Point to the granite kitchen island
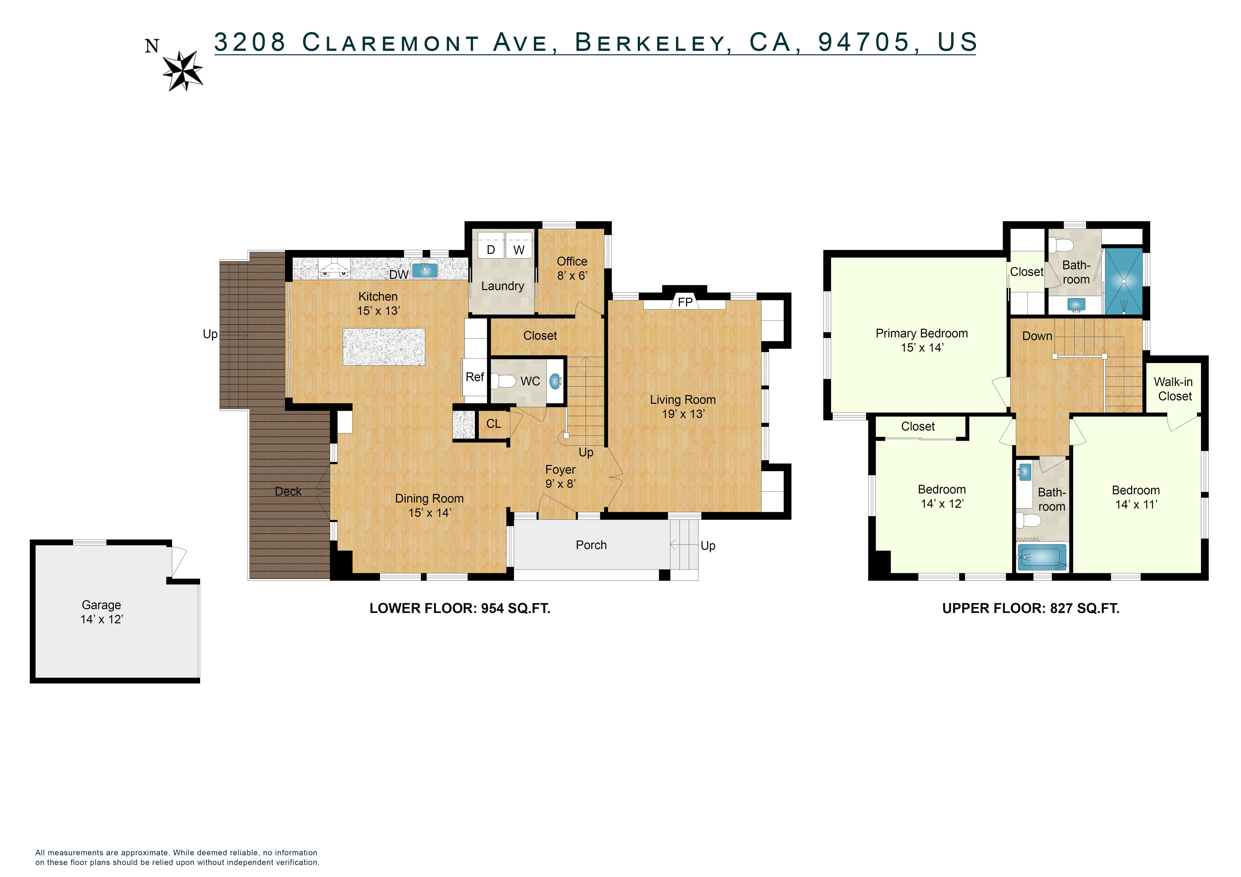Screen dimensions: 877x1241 pos(384,346)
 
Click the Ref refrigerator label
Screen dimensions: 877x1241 pos(474,377)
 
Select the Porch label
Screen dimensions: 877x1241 pos(591,545)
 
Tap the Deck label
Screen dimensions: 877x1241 pos(288,491)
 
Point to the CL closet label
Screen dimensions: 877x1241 pos(494,424)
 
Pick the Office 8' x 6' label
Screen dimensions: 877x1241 pos(572,268)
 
